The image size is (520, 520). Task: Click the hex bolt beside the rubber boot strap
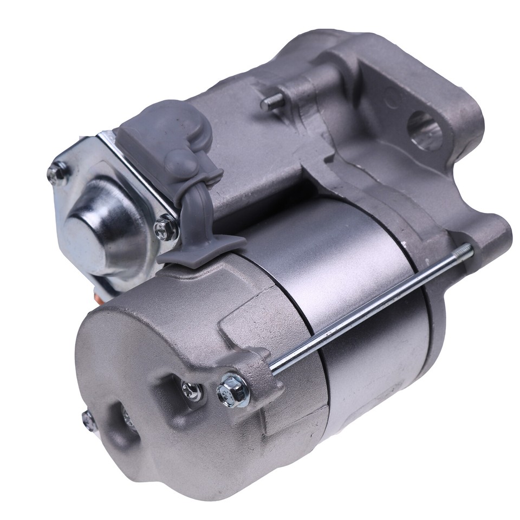point(165,228)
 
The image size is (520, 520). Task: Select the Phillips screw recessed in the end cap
point(191,389)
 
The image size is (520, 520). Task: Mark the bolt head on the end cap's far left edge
point(89,419)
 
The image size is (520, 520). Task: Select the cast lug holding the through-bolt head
point(255,374)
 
